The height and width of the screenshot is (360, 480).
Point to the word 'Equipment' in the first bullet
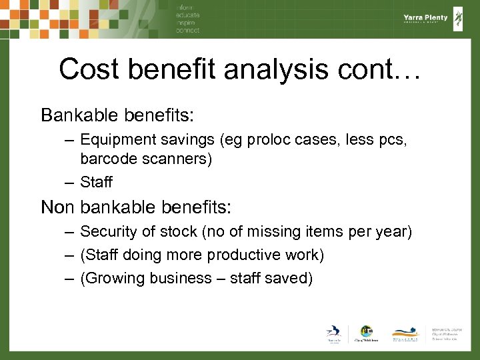click(117, 140)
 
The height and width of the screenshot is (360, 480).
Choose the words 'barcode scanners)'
click(145, 159)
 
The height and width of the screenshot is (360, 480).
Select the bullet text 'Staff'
click(96, 181)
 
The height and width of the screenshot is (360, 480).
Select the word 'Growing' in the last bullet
click(112, 278)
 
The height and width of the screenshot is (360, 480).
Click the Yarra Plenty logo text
click(426, 18)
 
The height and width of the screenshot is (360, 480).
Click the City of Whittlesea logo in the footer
click(366, 334)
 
